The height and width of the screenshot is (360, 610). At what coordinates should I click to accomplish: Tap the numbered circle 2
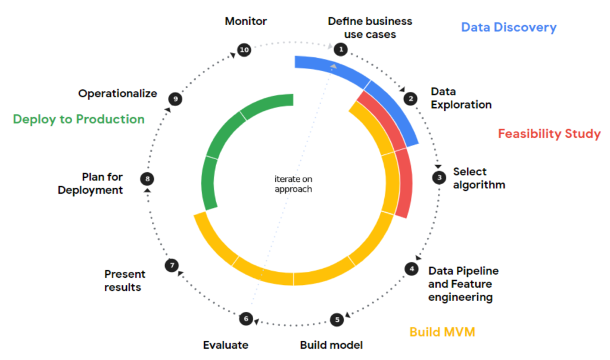click(x=410, y=98)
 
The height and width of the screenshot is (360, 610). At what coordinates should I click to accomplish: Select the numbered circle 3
click(x=440, y=177)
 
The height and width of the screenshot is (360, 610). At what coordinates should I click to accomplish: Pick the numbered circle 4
click(x=411, y=269)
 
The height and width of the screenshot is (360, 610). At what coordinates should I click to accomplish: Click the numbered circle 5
click(x=337, y=319)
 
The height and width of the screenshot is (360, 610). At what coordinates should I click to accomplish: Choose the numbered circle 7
click(x=172, y=266)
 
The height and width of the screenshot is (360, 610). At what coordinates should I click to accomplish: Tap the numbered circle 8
click(x=147, y=178)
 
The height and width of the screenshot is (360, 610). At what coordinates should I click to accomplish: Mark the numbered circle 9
click(x=175, y=99)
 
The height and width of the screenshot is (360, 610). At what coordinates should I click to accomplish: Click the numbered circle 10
click(x=244, y=49)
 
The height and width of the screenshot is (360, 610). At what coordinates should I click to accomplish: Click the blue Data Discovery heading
click(x=509, y=27)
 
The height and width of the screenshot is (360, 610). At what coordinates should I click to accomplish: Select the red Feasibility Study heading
click(x=549, y=134)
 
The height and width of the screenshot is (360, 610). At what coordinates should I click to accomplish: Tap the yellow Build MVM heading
click(x=442, y=332)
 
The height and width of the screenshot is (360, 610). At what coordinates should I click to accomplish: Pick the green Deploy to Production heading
click(x=79, y=119)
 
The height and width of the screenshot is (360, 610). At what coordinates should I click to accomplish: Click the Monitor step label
click(x=246, y=21)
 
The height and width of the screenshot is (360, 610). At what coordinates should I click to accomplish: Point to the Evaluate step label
click(x=226, y=345)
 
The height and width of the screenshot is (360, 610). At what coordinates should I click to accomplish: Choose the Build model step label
click(x=331, y=345)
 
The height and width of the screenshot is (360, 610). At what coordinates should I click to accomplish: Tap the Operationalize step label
click(x=118, y=94)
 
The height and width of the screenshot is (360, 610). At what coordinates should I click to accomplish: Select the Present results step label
click(x=125, y=281)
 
